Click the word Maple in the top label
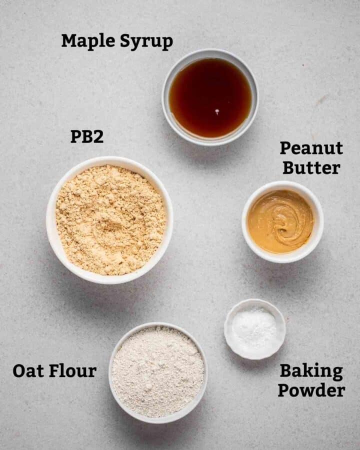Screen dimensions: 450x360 88,41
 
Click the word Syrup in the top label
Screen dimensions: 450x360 146,42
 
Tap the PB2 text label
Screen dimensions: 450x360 87,136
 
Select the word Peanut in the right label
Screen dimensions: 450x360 311,148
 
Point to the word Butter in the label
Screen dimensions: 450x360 311,167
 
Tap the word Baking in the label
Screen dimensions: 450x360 311,371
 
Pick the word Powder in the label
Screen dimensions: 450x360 311,390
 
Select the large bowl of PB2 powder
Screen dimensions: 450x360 110,220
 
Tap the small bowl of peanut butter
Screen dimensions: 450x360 282,221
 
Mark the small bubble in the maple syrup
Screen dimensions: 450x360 217,111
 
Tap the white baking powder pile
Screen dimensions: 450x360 254,328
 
